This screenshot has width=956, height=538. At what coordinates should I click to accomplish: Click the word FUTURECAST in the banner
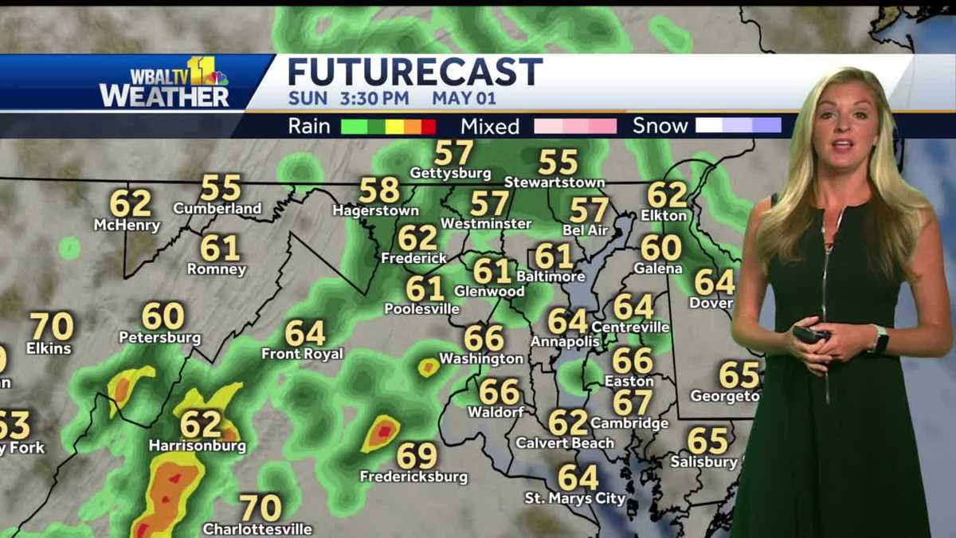coord(414,72)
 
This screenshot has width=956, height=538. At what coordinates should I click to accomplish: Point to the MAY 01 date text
coord(464,98)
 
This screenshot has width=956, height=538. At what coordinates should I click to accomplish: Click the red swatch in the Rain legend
coord(429,126)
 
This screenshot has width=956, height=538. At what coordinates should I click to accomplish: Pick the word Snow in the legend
coord(660,126)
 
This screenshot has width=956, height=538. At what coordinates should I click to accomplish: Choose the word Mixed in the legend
coord(489,126)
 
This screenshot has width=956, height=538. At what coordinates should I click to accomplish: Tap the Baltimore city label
coord(550,277)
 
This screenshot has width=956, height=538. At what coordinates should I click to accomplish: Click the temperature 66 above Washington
coord(484,338)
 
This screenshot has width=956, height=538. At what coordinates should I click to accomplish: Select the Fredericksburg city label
coord(413,477)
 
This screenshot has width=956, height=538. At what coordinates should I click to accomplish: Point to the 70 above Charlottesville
coord(261,508)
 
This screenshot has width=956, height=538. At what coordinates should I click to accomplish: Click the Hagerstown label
coord(375,211)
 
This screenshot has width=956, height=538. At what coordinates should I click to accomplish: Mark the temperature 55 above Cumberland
coord(221,188)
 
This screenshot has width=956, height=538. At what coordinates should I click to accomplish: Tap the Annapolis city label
coord(565,341)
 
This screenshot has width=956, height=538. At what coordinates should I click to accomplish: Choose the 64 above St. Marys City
coord(578,477)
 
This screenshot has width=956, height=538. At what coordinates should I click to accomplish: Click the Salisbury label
coord(703,461)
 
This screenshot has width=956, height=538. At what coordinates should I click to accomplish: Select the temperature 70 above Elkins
coord(52,327)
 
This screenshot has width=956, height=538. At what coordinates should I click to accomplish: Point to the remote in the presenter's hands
coord(809,335)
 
